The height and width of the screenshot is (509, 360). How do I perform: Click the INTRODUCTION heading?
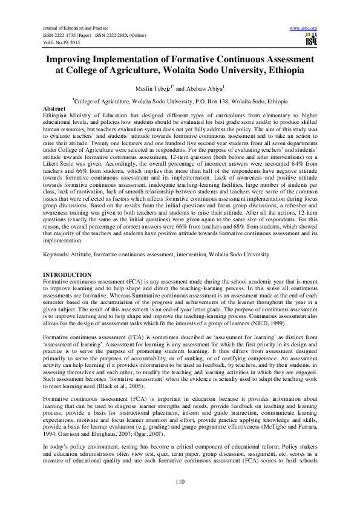click(x=67, y=275)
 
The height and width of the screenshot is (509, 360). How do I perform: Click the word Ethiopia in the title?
click(x=295, y=71)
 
